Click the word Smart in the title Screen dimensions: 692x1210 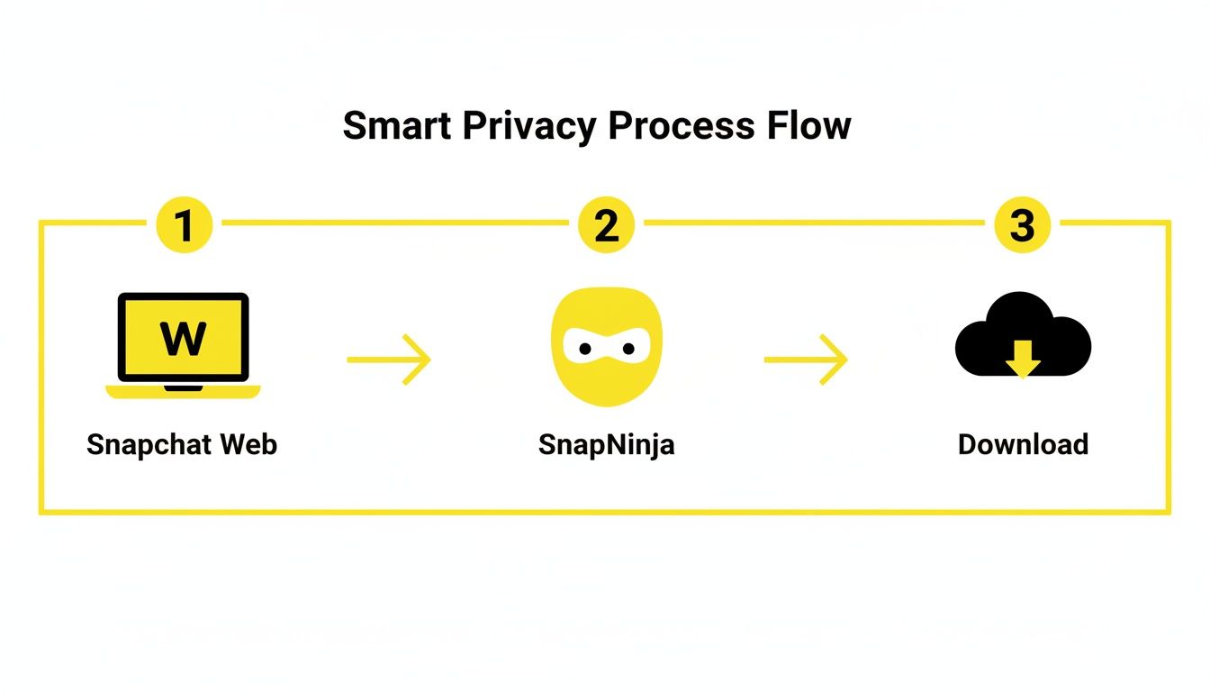pyautogui.click(x=396, y=125)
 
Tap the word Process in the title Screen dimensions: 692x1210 pyautogui.click(x=682, y=125)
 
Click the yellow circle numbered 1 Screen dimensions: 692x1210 pyautogui.click(x=184, y=224)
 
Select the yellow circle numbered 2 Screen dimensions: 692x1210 pyautogui.click(x=606, y=224)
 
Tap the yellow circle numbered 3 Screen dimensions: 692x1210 pyautogui.click(x=1022, y=224)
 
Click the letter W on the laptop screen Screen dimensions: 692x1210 pyautogui.click(x=183, y=339)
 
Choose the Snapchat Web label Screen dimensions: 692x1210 pyautogui.click(x=182, y=444)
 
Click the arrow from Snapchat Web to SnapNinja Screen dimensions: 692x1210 pyautogui.click(x=389, y=360)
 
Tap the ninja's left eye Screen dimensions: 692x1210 pyautogui.click(x=585, y=348)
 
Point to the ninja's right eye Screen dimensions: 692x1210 pyautogui.click(x=627, y=348)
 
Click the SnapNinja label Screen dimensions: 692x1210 pyautogui.click(x=606, y=445)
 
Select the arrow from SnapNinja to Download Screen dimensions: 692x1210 pyautogui.click(x=806, y=360)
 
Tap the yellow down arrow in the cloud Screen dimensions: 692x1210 pyautogui.click(x=1023, y=362)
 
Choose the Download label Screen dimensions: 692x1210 pyautogui.click(x=1023, y=444)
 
